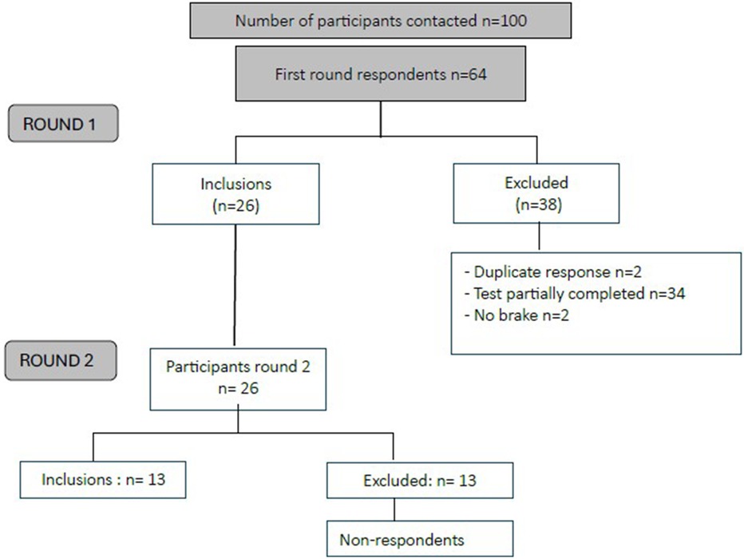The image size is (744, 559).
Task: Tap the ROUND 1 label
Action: click(x=63, y=125)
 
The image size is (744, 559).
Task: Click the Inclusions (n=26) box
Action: click(x=235, y=194)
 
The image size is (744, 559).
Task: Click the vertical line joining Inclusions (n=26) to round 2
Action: click(x=235, y=287)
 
